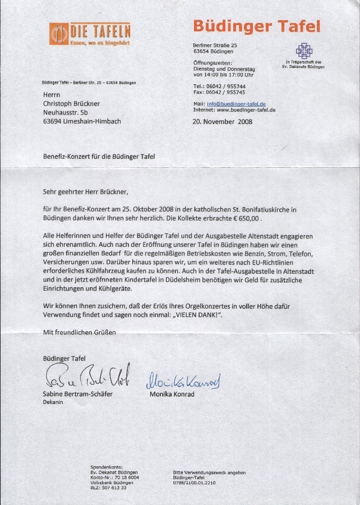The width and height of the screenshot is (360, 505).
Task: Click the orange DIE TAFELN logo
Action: click(x=89, y=34)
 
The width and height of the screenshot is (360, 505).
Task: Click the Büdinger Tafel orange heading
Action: click(x=256, y=26)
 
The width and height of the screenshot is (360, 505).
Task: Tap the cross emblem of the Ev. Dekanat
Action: click(x=304, y=51)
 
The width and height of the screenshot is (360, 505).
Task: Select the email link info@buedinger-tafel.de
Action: click(x=236, y=104)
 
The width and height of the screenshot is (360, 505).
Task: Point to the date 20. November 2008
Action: click(x=222, y=121)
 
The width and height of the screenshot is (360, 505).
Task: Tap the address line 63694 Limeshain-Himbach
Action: click(x=82, y=121)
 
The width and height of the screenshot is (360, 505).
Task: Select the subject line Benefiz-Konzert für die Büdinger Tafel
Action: click(x=99, y=157)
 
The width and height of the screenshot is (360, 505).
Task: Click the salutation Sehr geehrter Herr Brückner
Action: click(x=89, y=192)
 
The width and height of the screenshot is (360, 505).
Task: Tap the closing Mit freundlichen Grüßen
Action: click(x=80, y=332)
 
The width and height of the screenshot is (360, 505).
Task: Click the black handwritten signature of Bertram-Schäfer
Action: click(x=87, y=375)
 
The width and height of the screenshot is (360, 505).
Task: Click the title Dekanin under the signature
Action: click(x=53, y=402)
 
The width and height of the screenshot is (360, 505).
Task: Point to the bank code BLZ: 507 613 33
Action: click(x=108, y=488)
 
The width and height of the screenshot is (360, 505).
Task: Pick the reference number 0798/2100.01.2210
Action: click(x=195, y=483)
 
